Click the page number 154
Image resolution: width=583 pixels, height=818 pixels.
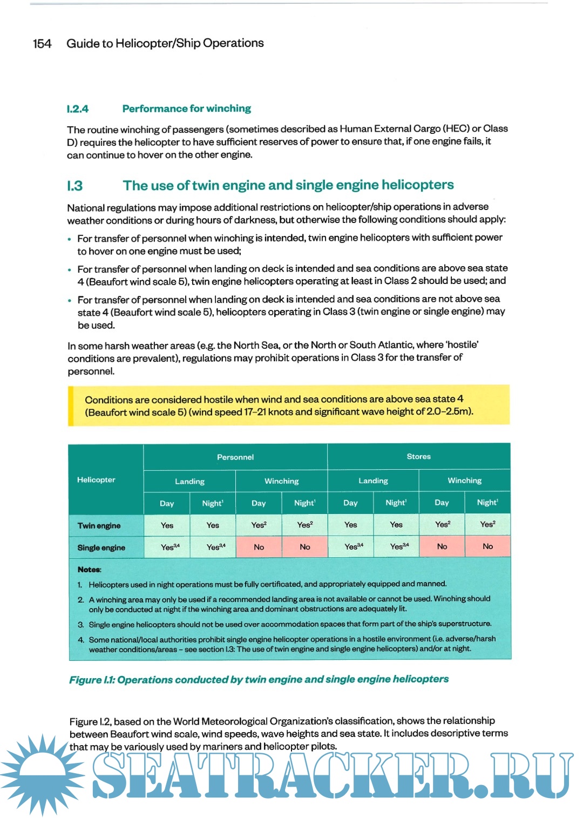[42, 44]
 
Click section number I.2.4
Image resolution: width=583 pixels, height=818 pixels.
[77, 109]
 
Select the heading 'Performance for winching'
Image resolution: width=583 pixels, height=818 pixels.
[186, 109]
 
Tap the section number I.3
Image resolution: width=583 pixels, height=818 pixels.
[74, 186]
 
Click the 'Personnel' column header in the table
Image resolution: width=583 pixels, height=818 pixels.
[235, 457]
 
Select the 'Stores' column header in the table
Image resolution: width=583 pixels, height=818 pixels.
[418, 457]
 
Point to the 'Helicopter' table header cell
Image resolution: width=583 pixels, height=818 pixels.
[96, 479]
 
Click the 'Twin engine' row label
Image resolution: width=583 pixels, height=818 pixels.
[99, 525]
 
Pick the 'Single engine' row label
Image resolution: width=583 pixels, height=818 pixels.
[101, 547]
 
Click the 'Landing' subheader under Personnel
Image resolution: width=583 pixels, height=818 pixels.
[189, 481]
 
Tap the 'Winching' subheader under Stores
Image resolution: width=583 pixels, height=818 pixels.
[464, 481]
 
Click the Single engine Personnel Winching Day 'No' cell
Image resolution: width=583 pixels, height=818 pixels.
[259, 547]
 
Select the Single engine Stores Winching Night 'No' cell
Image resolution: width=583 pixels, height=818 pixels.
[487, 546]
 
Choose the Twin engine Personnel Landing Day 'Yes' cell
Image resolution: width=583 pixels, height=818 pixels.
[167, 525]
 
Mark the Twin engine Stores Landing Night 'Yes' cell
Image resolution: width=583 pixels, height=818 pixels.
[396, 525]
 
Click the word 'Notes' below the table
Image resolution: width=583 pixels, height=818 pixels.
[89, 570]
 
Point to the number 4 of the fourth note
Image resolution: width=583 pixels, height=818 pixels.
[80, 640]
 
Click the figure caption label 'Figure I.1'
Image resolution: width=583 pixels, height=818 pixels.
[91, 680]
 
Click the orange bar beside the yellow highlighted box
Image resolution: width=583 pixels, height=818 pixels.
[71, 406]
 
